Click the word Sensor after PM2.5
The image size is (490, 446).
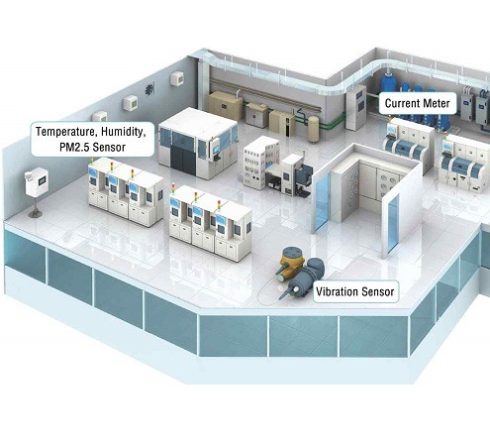pos(109,147)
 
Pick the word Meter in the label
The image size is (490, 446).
pos(437,103)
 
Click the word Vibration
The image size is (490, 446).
pos(337,291)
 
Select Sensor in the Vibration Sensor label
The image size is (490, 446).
pos(378,291)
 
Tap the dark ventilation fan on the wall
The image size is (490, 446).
pos(150,89)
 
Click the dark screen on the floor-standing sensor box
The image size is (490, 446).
pos(43,181)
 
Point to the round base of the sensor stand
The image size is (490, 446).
pos(36,214)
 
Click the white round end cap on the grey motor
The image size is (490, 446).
pos(296,289)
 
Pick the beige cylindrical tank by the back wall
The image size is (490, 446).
pos(314,129)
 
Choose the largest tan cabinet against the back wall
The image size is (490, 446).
pos(225,106)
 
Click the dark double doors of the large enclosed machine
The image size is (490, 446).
pos(183,161)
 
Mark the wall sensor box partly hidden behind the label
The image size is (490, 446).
pos(100,117)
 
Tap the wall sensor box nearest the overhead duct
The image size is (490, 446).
pos(177,79)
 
